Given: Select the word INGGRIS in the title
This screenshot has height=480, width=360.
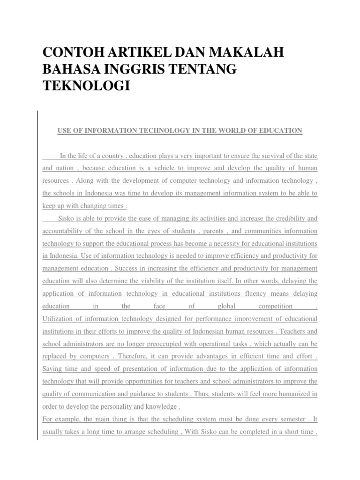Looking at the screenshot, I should click(132, 70).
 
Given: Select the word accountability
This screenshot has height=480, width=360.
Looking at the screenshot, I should click(65, 231).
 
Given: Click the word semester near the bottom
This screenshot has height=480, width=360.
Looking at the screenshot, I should click(277, 420).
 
